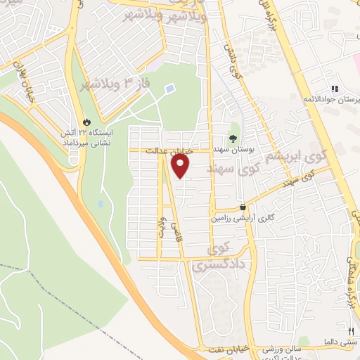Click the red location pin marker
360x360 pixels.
coord(181,166)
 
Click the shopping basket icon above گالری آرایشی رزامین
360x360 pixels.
coord(243,207)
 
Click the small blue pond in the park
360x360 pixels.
coord(169,89)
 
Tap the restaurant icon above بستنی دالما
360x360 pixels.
coord(351,330)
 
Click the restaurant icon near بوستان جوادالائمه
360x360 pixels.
coord(335,89)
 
